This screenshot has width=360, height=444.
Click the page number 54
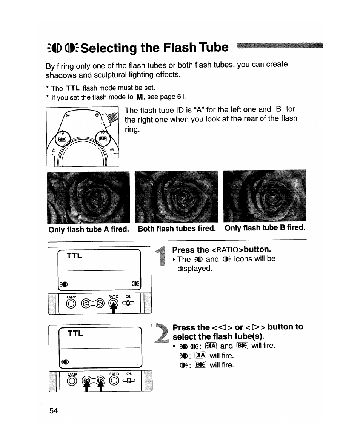point(54,410)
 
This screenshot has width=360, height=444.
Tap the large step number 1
point(162,256)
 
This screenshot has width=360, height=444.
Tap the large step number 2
point(162,334)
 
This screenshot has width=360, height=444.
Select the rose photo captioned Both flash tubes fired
point(176,197)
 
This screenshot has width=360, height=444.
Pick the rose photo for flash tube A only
point(88,197)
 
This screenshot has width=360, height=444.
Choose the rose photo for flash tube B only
point(265,195)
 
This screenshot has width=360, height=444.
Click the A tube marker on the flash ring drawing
point(62,139)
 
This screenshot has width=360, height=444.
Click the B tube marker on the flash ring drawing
point(103,139)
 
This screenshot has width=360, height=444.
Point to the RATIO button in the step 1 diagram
point(114,304)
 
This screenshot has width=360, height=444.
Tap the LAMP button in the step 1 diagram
point(71,304)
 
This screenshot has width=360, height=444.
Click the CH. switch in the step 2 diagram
point(129,380)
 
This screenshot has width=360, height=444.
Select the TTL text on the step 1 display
point(74,256)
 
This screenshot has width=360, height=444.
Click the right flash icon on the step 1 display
point(135,283)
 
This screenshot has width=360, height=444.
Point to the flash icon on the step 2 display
point(65,362)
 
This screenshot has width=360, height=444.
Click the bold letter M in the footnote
point(139,97)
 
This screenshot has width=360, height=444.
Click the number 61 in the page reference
point(181,97)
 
